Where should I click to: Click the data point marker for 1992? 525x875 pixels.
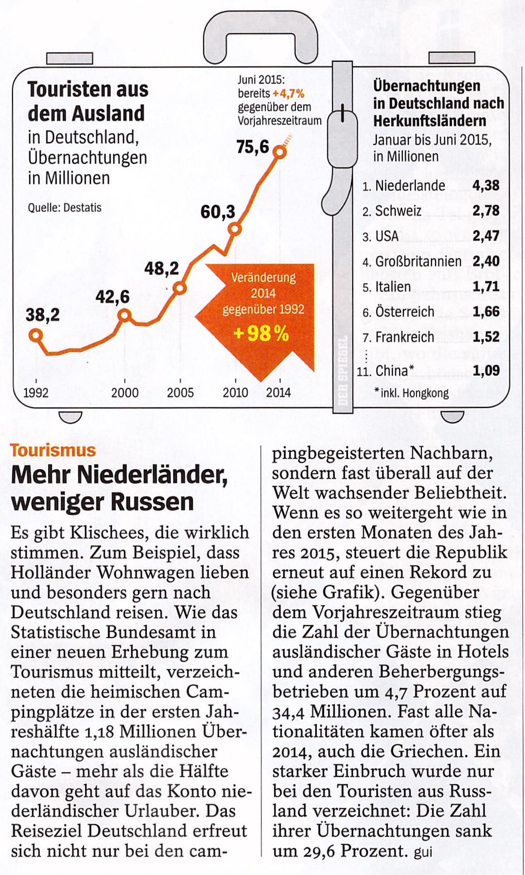[36, 335]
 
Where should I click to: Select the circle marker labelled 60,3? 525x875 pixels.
[235, 229]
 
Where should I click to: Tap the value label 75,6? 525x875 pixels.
[253, 147]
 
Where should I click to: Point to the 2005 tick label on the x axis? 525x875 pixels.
[180, 393]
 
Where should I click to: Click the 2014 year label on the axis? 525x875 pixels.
[278, 393]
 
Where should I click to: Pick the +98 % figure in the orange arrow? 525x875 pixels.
[262, 333]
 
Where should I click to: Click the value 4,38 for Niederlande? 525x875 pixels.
[486, 186]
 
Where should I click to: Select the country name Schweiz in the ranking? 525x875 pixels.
[398, 211]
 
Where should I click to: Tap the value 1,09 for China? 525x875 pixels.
[486, 370]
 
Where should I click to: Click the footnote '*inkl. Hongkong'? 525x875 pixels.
[412, 393]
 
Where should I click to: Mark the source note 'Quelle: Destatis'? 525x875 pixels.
[64, 208]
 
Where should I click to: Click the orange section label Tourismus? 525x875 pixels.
[53, 450]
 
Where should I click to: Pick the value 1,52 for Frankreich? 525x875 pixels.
[486, 337]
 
